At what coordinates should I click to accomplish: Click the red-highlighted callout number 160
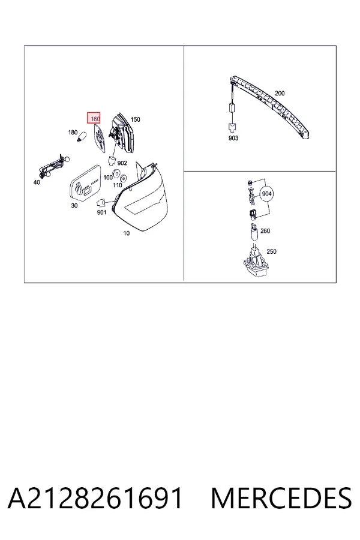coord(94,118)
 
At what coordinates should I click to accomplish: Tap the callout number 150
coord(136,119)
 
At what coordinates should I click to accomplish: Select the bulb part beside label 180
coord(82,136)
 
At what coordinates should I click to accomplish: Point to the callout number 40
coord(37,182)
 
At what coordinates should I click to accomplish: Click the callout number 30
coord(74,206)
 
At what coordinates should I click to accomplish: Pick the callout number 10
coord(127,233)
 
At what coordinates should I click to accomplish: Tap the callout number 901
coord(101,212)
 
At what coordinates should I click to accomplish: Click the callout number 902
coord(122,163)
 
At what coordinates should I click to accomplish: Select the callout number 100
coord(108,178)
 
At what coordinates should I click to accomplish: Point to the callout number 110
coord(118,185)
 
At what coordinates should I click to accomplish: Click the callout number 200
coord(280,94)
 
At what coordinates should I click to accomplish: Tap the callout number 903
coord(233,138)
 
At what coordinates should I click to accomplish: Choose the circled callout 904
coord(267,194)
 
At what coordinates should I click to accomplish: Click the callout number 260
coord(265,231)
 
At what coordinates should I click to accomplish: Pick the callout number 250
coord(271,252)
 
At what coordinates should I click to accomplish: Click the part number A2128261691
coord(95,498)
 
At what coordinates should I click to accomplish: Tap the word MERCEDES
coord(281,498)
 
